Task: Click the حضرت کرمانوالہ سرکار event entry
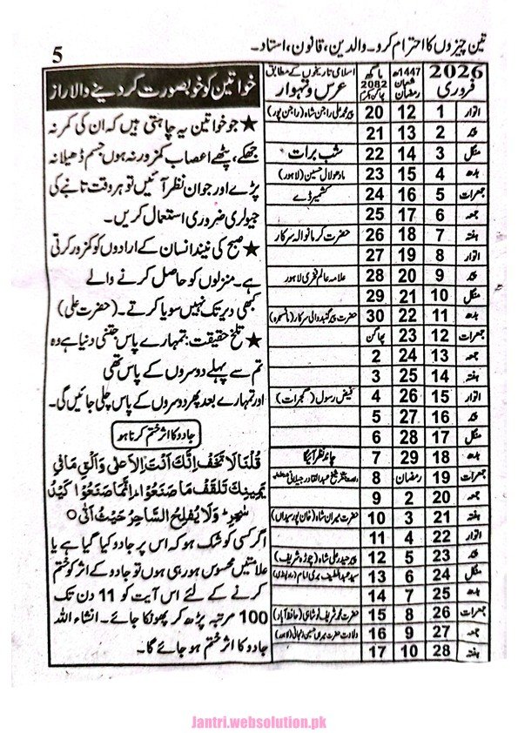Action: (x=300, y=232)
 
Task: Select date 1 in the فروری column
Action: (x=441, y=111)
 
